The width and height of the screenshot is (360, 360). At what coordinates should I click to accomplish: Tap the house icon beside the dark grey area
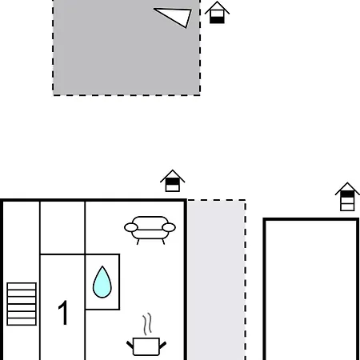(217, 13)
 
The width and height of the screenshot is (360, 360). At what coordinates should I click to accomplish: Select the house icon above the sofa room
(173, 181)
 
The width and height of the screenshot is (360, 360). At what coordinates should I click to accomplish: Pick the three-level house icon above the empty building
(347, 197)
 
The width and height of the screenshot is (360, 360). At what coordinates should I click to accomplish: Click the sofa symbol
(150, 230)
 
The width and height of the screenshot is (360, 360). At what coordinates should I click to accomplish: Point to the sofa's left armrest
(131, 227)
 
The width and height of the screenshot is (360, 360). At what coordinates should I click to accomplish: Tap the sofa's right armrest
(169, 227)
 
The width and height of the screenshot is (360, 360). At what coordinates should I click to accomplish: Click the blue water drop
(102, 282)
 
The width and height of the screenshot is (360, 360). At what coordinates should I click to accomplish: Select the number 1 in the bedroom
(63, 313)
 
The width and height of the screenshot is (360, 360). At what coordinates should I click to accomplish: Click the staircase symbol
(22, 304)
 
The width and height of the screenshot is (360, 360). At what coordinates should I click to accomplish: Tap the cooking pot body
(146, 346)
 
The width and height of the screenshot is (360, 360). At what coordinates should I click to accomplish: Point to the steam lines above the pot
(147, 324)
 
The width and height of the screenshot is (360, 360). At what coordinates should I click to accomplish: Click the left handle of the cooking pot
(130, 345)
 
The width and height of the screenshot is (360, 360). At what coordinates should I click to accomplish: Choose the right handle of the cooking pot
(162, 345)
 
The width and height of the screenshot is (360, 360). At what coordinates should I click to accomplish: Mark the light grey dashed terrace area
(216, 279)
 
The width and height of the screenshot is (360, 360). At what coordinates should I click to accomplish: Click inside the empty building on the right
(311, 290)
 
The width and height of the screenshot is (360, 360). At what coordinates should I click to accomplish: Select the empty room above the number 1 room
(62, 227)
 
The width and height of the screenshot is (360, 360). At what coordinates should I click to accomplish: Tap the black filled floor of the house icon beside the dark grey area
(217, 20)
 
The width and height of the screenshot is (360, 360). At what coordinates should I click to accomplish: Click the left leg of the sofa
(138, 242)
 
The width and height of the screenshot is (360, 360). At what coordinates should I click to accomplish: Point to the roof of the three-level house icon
(347, 188)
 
